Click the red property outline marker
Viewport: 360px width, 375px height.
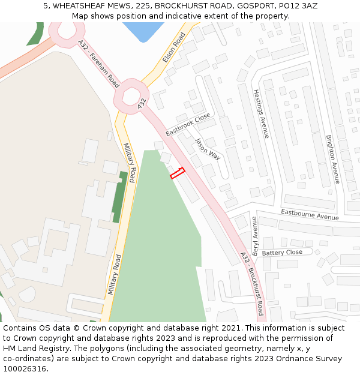point(178,173)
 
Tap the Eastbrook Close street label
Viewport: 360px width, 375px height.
point(188,124)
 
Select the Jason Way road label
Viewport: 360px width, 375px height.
point(208,148)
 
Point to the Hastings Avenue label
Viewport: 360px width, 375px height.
point(261,114)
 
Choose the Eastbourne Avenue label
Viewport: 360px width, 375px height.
point(310,214)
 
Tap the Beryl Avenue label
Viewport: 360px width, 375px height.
point(255,236)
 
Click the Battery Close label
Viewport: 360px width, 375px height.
point(282,253)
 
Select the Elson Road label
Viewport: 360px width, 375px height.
point(174,48)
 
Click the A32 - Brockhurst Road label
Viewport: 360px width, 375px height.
point(252,283)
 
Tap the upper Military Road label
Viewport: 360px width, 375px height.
point(130,158)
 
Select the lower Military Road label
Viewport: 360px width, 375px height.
point(114,274)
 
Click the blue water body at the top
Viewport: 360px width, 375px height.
point(143,30)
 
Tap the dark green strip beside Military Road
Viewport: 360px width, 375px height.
point(119,196)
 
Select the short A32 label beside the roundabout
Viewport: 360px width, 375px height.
point(142,103)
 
